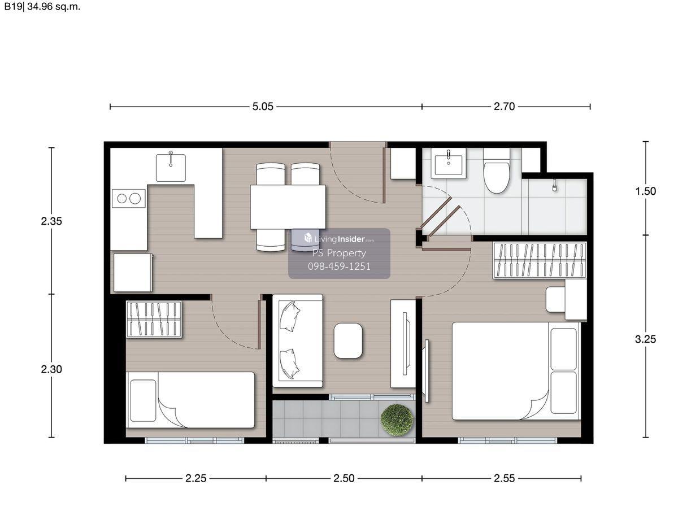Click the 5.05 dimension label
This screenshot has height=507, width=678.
[x=263, y=107]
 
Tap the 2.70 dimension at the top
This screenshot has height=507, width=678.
[x=504, y=107]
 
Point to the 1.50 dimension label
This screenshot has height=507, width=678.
[x=645, y=191]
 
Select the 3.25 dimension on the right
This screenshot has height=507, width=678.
[x=645, y=339]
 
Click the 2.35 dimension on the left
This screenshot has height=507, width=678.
[x=51, y=221]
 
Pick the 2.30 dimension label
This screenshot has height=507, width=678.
[x=51, y=369]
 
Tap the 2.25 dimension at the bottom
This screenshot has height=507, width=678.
[x=195, y=478]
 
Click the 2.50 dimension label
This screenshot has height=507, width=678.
[x=344, y=478]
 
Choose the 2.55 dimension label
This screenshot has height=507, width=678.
[x=504, y=478]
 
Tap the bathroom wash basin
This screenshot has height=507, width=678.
[x=449, y=164]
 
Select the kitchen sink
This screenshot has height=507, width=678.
[x=171, y=168]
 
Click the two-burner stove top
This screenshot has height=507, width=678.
[x=128, y=198]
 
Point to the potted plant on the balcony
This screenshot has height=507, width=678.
[x=397, y=420]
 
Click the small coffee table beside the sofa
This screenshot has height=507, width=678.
[x=348, y=340]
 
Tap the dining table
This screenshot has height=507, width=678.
[x=288, y=207]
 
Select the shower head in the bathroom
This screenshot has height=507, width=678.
[x=554, y=185]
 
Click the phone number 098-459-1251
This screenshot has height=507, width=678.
[x=339, y=266]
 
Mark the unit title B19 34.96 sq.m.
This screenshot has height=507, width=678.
[x=42, y=6]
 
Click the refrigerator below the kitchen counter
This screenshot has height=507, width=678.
[x=133, y=273]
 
